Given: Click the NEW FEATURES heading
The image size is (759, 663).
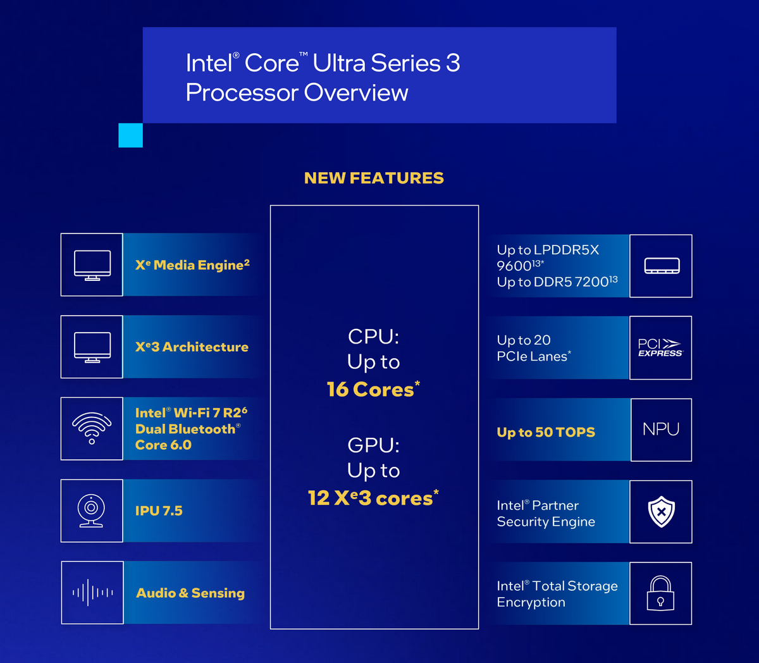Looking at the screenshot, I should [374, 178].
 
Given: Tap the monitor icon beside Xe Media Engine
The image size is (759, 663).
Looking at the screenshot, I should [92, 265].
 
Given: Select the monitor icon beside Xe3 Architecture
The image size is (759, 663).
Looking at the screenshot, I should [92, 347].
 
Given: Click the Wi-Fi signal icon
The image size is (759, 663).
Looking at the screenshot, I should [92, 428].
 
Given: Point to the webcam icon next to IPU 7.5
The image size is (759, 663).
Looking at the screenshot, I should [91, 511].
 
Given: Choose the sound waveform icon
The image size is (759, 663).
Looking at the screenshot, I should [92, 593].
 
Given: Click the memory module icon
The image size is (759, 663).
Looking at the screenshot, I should [662, 266].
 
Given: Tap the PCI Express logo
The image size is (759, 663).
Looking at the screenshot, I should [660, 348].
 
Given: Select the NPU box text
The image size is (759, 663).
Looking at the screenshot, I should [661, 429].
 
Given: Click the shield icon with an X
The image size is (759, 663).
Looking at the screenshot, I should [662, 512].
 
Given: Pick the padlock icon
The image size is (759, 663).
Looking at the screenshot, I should [660, 593].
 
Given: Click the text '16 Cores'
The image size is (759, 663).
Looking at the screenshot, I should [371, 390].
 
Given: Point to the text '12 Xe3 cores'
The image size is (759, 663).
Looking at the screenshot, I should [372, 499].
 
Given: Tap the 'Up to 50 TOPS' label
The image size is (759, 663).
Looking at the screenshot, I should [546, 433].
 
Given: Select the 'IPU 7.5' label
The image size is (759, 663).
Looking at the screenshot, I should [159, 511].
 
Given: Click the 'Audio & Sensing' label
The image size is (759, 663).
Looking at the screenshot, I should [190, 593].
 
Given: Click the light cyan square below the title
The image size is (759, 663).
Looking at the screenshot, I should [131, 135].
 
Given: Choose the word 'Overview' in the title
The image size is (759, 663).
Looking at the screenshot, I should [356, 93].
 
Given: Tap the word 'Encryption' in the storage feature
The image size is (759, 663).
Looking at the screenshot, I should [531, 603].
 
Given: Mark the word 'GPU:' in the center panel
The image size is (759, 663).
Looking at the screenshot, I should [373, 445].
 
